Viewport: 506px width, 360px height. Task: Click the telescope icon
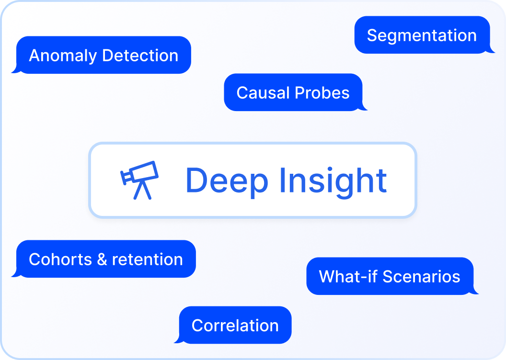[x=139, y=180]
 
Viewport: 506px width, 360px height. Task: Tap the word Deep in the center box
[x=227, y=180]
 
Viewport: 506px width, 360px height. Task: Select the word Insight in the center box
[x=333, y=180]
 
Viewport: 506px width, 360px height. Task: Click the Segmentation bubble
[x=422, y=35]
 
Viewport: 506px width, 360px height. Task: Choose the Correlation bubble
[x=235, y=325]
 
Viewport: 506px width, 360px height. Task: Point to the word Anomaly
[x=63, y=56]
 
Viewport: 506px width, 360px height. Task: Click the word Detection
[x=140, y=55]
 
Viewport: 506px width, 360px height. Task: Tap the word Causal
[x=264, y=93]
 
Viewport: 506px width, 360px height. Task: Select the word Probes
[x=322, y=93]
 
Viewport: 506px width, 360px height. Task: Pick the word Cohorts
[x=60, y=259]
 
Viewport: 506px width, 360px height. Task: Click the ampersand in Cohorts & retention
[x=102, y=259]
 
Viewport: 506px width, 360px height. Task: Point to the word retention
[x=148, y=260]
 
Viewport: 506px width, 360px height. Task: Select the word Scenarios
[x=422, y=277]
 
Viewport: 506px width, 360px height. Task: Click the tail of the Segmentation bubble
[x=491, y=49]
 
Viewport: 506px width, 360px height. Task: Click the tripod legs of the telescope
[x=142, y=190]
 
